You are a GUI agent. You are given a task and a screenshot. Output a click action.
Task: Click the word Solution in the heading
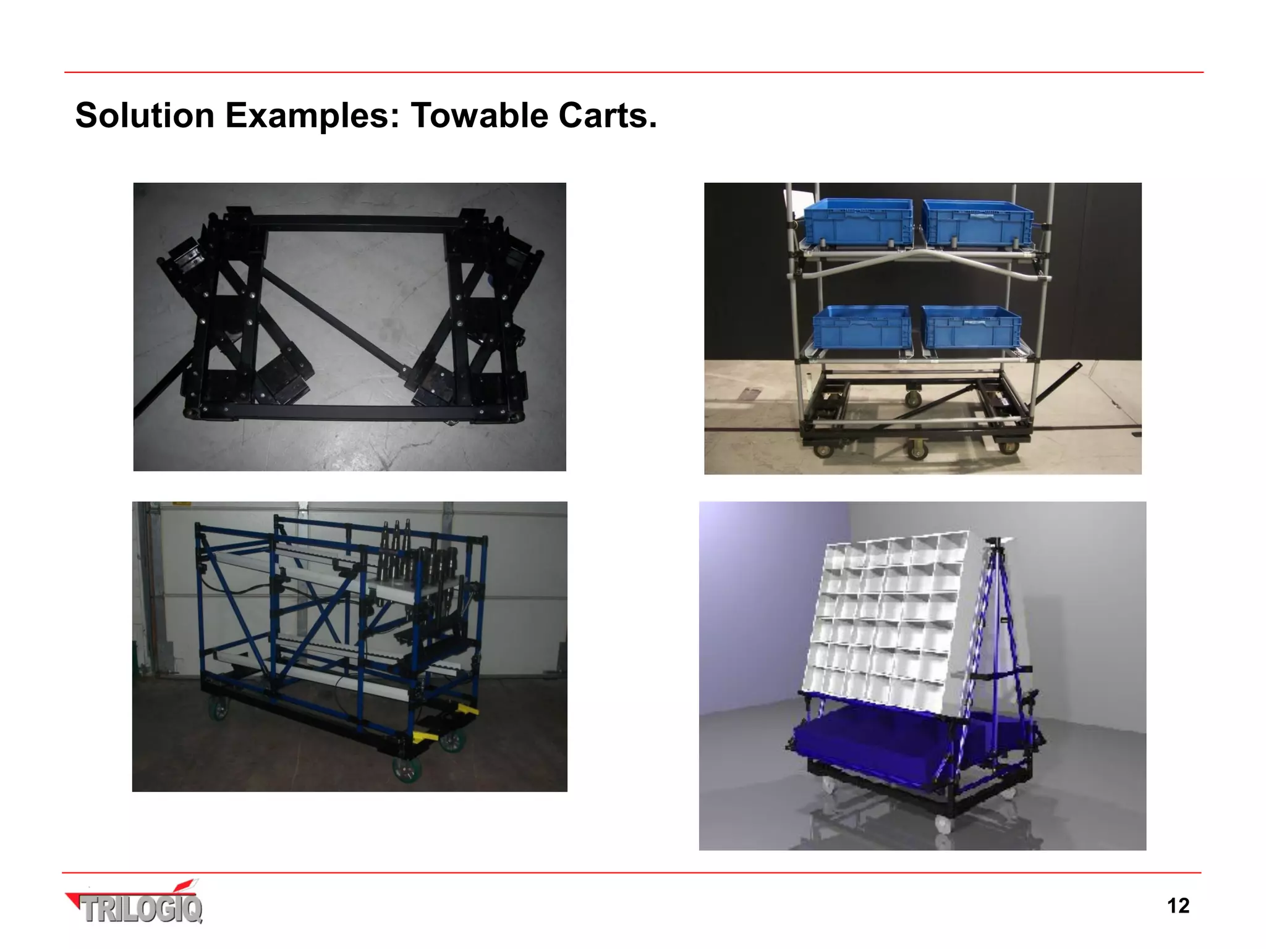pyautogui.click(x=145, y=116)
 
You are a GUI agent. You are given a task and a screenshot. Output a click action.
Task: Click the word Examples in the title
pyautogui.click(x=312, y=116)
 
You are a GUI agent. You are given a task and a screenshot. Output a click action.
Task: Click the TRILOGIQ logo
pyautogui.click(x=135, y=904)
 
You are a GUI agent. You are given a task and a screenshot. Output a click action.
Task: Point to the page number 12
pyautogui.click(x=1178, y=906)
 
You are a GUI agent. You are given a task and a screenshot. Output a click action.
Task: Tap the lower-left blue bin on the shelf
pyautogui.click(x=861, y=327)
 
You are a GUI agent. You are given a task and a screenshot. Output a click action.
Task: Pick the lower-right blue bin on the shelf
pyautogui.click(x=971, y=327)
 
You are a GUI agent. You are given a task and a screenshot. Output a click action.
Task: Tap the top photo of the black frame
pyautogui.click(x=349, y=327)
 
